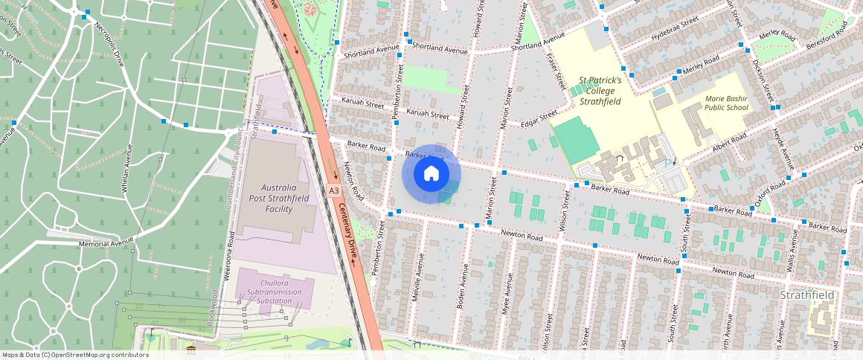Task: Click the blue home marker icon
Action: tap(431, 174)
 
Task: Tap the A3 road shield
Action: tap(334, 190)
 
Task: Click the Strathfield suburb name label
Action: tap(807, 295)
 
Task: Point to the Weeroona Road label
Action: tap(230, 255)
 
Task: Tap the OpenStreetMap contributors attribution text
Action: tap(75, 355)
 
